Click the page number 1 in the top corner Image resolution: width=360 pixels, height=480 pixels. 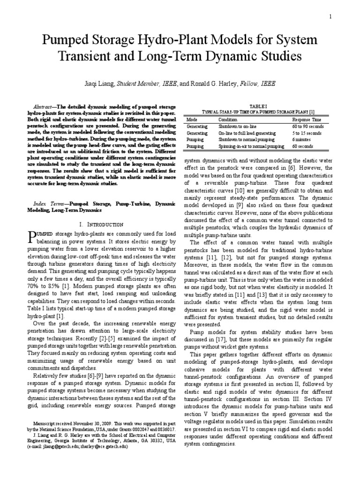(x=330, y=17)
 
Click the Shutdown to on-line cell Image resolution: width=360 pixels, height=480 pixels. (x=236, y=127)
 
